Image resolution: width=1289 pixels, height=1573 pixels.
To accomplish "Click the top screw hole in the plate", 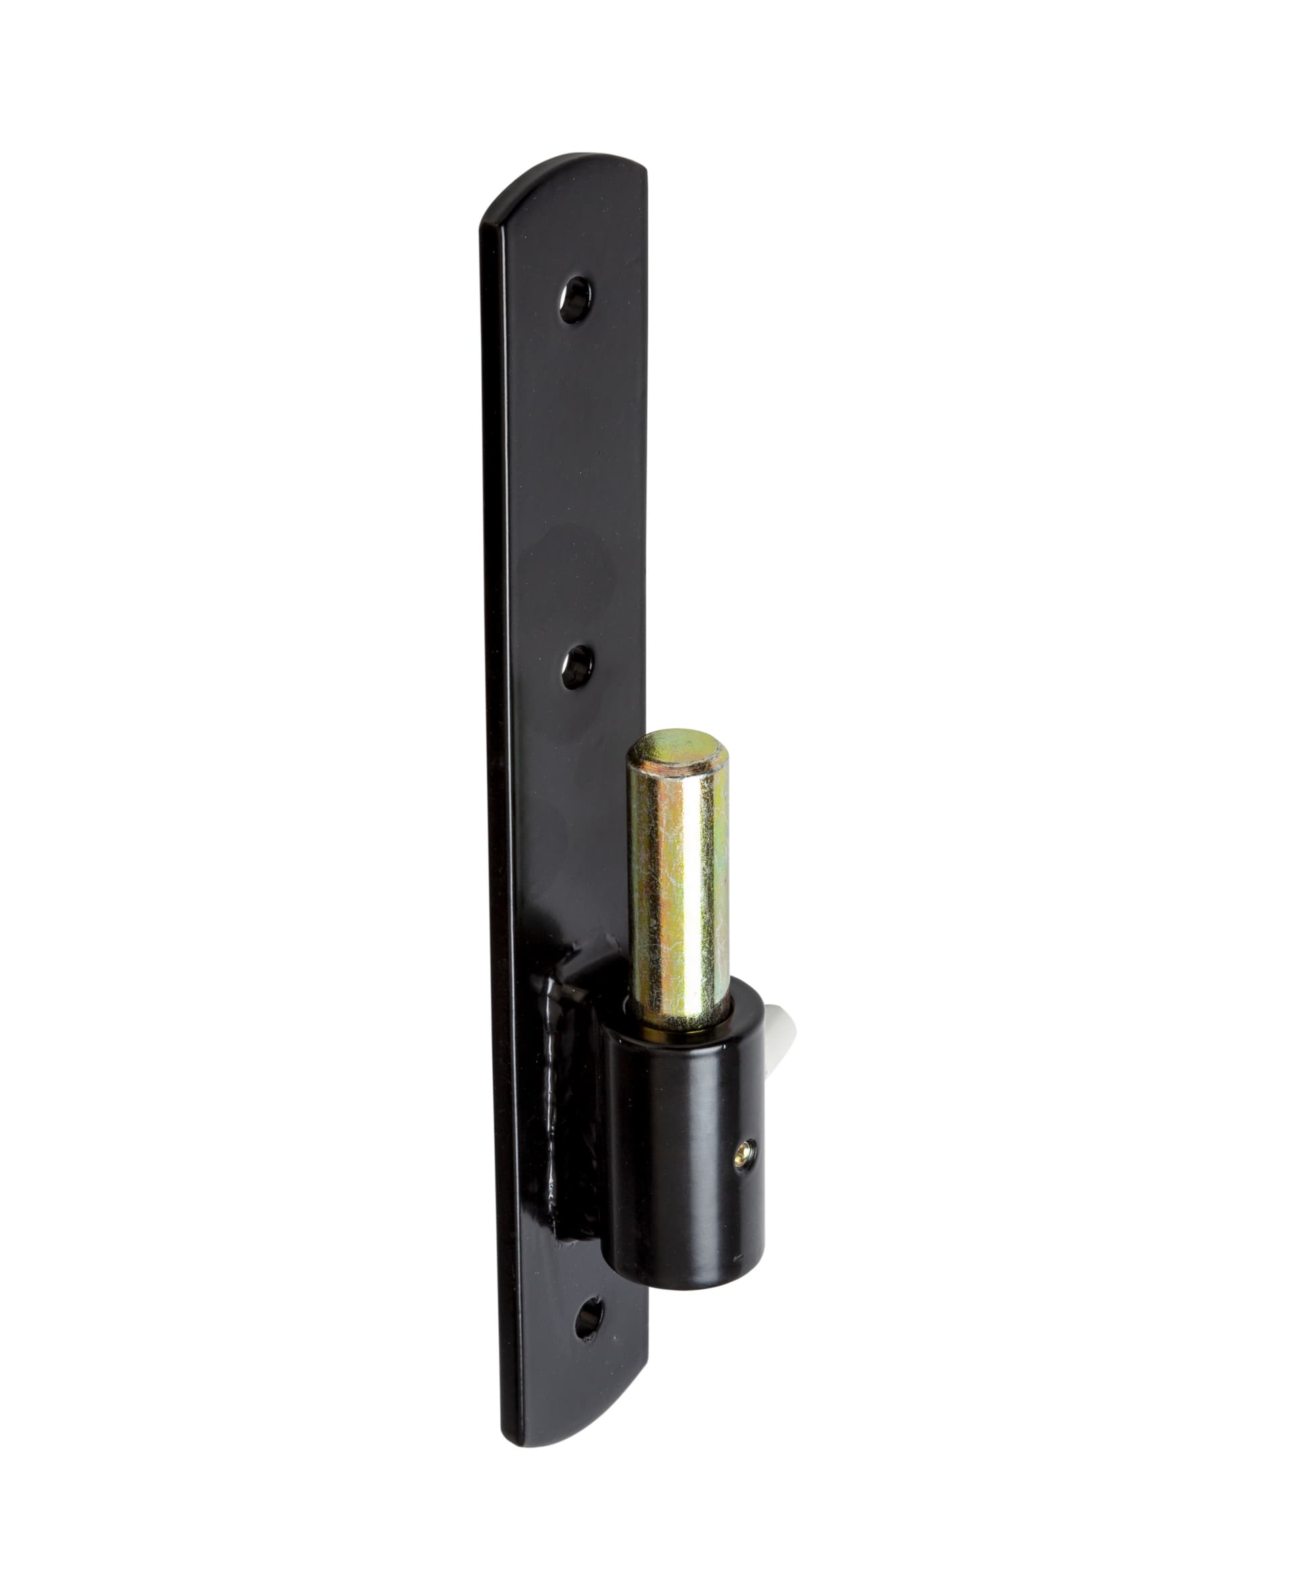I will coord(575,299).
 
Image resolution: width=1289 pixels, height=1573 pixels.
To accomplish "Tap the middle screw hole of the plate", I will coord(576,666).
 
